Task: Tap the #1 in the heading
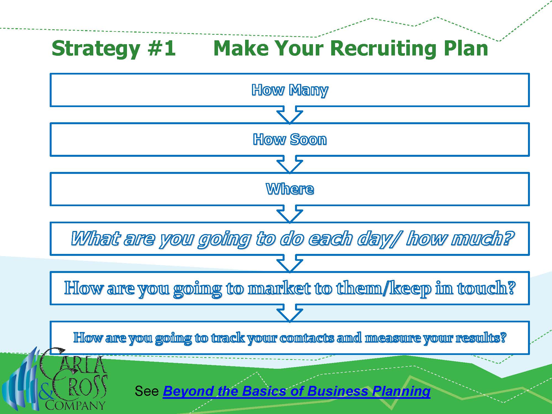point(161,48)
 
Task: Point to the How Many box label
point(290,90)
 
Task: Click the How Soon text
point(290,139)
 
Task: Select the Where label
point(290,189)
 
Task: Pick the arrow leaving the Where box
point(290,214)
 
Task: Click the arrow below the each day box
point(290,264)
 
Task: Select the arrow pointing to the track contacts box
point(290,313)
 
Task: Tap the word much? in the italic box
point(482,238)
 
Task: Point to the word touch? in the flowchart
point(486,288)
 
